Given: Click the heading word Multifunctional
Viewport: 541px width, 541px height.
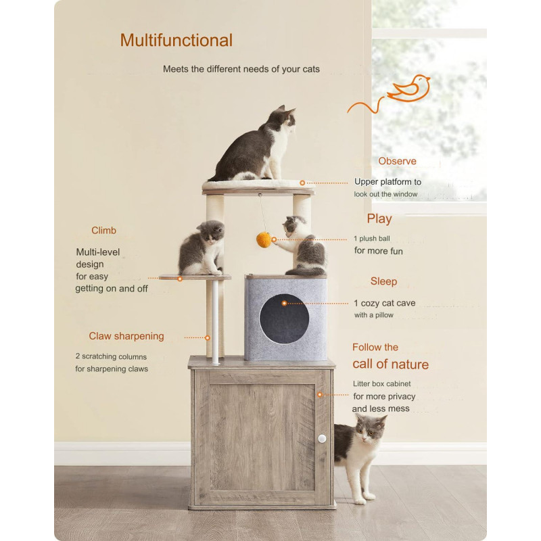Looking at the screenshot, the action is pyautogui.click(x=177, y=41).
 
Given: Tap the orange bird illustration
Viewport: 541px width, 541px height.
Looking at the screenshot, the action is pyautogui.click(x=410, y=89).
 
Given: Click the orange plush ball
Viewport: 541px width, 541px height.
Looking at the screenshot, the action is pyautogui.click(x=264, y=240).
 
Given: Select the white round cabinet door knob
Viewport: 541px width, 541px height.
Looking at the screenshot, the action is pyautogui.click(x=322, y=439).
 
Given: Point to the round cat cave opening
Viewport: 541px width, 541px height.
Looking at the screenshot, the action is pyautogui.click(x=284, y=319).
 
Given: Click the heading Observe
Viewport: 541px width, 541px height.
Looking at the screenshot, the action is pyautogui.click(x=397, y=161).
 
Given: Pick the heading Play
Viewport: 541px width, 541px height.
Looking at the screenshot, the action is pyautogui.click(x=379, y=218).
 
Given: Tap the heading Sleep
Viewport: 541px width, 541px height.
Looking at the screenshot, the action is pyautogui.click(x=383, y=281).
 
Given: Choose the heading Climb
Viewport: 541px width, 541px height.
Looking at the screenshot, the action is pyautogui.click(x=103, y=231).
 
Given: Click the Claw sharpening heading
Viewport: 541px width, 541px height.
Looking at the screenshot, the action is pyautogui.click(x=126, y=336).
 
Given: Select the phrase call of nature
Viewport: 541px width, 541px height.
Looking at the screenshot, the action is pyautogui.click(x=391, y=364).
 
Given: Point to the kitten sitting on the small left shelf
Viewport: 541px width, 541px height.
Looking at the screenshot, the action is pyautogui.click(x=202, y=248).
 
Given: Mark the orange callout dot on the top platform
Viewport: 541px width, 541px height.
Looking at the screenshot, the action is pyautogui.click(x=302, y=183).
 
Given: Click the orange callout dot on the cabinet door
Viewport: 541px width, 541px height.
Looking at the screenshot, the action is pyautogui.click(x=320, y=394).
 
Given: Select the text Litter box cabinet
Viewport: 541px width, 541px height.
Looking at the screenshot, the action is pyautogui.click(x=381, y=383).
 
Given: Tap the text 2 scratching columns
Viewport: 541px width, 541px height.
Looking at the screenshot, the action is pyautogui.click(x=111, y=356).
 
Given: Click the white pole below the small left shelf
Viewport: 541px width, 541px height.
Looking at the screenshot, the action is pyautogui.click(x=215, y=323).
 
